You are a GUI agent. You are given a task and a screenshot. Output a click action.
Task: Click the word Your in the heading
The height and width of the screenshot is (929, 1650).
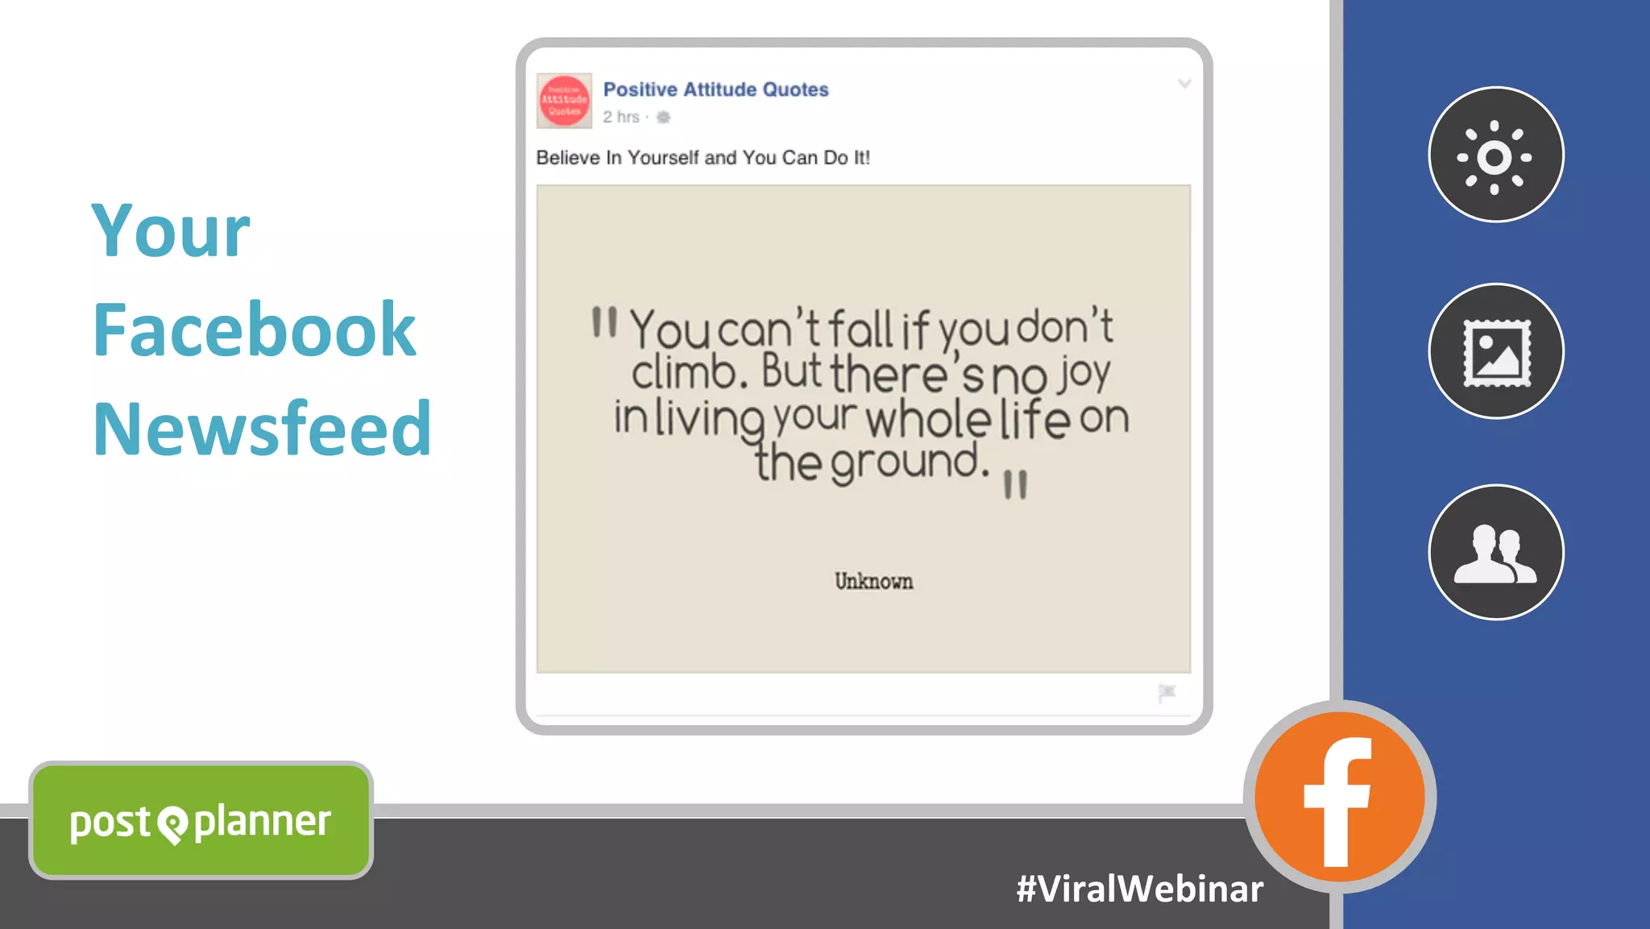[x=171, y=232]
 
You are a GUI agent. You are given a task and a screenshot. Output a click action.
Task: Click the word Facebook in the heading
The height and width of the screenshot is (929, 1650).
[x=254, y=330]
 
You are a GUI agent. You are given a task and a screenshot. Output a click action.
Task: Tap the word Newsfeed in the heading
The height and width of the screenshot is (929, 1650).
[x=262, y=429]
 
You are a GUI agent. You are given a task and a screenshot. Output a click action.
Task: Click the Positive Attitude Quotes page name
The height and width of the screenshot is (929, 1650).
[x=715, y=89]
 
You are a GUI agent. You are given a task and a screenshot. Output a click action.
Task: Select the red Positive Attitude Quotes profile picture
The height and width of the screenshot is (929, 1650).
[x=564, y=102]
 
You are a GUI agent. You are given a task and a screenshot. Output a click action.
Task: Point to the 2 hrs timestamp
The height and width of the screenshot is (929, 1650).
[x=621, y=118]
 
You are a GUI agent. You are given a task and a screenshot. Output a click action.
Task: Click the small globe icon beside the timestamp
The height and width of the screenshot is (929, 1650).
[x=663, y=118]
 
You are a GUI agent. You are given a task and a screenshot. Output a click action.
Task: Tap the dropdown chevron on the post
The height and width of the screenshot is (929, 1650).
[x=1184, y=84]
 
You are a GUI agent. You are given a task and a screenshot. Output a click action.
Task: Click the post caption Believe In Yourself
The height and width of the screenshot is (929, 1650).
[x=703, y=158]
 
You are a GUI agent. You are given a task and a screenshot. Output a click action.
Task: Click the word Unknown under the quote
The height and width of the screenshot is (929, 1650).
[x=873, y=582]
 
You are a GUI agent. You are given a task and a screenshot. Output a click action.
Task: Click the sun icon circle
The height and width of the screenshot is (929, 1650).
[x=1495, y=155]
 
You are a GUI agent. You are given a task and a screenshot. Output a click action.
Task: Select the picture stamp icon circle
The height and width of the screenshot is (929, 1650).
[x=1495, y=351]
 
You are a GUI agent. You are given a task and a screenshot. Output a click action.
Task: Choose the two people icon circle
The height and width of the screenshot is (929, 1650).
[x=1495, y=553]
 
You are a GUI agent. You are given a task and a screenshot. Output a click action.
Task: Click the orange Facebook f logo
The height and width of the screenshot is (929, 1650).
[x=1339, y=798]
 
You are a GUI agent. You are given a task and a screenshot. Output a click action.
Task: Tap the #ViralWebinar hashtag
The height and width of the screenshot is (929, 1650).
[x=1139, y=889]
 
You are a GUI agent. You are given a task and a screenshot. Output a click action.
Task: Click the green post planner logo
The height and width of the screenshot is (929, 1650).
[x=201, y=821]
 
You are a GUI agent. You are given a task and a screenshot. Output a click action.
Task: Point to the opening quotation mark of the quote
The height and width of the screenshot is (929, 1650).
[x=604, y=322]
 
